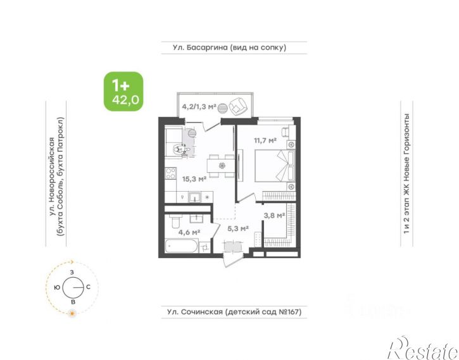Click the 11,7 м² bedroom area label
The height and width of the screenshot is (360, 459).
(x=265, y=140)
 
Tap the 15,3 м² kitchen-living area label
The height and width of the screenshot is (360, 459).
(x=194, y=178)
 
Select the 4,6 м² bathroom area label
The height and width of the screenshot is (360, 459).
(x=189, y=232)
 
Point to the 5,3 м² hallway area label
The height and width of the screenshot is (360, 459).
(x=238, y=228)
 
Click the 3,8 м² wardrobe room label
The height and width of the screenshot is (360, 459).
(x=274, y=216)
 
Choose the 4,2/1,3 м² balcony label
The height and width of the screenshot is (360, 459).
(x=199, y=106)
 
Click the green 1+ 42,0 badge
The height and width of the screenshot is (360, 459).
(x=123, y=92)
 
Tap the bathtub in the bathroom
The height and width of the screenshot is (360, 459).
(x=182, y=246)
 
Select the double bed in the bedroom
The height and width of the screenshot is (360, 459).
(x=275, y=166)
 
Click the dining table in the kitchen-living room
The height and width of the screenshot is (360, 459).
(x=221, y=166)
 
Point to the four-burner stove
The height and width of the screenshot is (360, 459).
(x=171, y=173)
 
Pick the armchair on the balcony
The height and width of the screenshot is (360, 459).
(x=239, y=106)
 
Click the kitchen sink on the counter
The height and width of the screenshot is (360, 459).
(x=194, y=197)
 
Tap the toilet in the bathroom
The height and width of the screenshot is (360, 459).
(x=175, y=222)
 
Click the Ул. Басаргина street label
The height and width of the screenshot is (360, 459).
(x=229, y=47)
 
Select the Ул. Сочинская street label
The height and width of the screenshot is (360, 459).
(x=234, y=312)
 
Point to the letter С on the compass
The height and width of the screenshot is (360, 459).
(x=88, y=287)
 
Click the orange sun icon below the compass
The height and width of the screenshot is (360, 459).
(x=72, y=314)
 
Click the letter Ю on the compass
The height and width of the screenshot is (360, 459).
(x=57, y=287)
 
